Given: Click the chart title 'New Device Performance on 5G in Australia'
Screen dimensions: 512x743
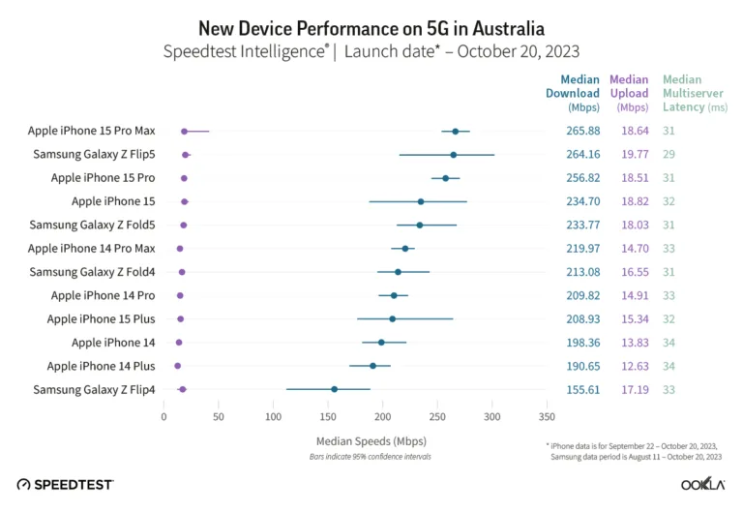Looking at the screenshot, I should pos(371,26).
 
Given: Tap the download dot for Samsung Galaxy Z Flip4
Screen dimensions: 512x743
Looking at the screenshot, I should pos(334,389).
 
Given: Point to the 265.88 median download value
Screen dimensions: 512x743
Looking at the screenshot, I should pos(584,131).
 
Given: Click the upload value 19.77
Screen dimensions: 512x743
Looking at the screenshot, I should pos(634,154).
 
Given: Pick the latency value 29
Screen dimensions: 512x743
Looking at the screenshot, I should pos(669,154).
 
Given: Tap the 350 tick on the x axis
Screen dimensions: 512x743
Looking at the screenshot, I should pos(547,417).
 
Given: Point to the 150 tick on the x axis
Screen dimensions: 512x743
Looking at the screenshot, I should pos(328,417).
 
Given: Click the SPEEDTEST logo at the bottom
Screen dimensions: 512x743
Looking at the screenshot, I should pos(65,483).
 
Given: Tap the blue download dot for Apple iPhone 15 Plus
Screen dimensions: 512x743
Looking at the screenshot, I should pos(392,318).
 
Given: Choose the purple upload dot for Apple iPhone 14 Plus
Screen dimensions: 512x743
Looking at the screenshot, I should pos(177,366).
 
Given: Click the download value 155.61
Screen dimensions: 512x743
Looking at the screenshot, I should pos(584,389).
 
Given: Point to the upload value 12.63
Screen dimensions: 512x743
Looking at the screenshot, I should pos(634,366).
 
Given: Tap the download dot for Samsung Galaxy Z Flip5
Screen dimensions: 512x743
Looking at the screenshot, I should pos(453,154).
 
